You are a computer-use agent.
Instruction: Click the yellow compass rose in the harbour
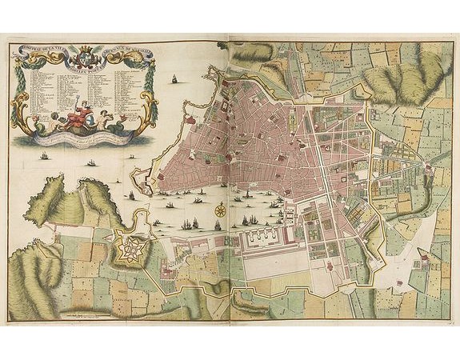tap(218, 210)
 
